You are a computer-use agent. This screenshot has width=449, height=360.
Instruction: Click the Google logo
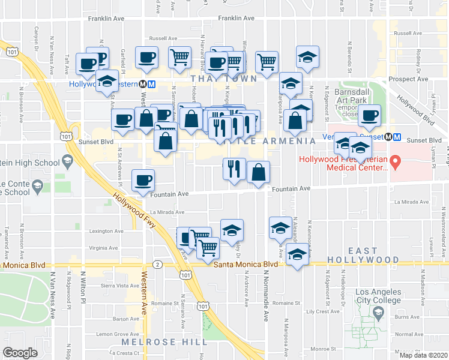(20, 352)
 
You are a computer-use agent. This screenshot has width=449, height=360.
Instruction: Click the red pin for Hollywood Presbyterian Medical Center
(395, 161)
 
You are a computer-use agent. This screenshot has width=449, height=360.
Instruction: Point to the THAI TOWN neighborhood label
(224, 79)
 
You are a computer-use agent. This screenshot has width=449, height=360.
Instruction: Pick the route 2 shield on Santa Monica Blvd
(157, 264)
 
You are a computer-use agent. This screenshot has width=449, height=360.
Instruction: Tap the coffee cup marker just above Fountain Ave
(143, 180)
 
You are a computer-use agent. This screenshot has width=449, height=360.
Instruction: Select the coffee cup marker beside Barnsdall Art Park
(370, 115)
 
